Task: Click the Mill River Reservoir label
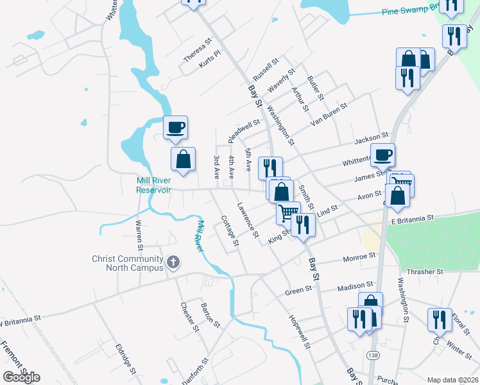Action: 154,185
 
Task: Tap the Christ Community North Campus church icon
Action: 173,262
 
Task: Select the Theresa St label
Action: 197,51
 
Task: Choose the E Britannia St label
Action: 416,220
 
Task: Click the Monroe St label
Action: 359,257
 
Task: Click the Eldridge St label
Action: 125,357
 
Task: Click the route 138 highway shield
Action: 373,355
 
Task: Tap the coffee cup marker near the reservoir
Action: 175,126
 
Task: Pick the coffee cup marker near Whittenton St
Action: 383,154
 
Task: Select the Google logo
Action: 21,377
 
